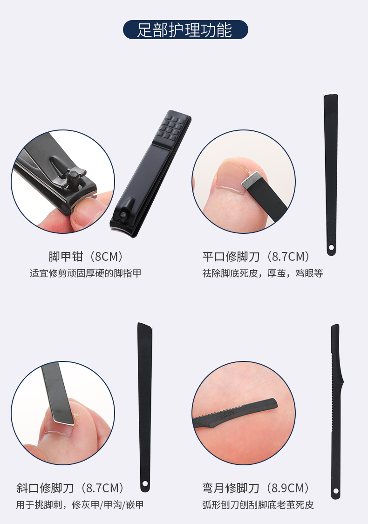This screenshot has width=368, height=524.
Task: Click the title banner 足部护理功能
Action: coord(185,30)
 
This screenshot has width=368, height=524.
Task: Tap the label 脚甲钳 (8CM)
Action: coord(86,257)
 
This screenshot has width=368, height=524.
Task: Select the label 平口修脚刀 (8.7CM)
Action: coord(256,257)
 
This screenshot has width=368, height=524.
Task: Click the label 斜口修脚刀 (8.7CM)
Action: coord(70,488)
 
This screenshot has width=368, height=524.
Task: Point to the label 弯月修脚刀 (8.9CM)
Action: coord(255,488)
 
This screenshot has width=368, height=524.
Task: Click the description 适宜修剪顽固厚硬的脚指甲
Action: coord(86,273)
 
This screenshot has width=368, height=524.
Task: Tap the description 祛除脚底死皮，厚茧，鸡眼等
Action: coord(263,273)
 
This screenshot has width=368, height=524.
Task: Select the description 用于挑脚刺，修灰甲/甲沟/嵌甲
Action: coord(80,504)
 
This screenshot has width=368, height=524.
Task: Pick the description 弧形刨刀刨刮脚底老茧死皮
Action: coord(258,504)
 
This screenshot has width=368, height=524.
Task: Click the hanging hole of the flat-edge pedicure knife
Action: coord(331,248)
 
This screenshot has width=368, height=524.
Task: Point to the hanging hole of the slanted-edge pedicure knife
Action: coord(145,483)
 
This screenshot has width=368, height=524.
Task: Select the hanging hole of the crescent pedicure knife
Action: coord(336,491)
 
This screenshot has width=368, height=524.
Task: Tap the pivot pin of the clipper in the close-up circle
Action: coord(73,176)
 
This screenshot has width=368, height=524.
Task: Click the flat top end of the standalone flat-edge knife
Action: coord(331,96)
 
